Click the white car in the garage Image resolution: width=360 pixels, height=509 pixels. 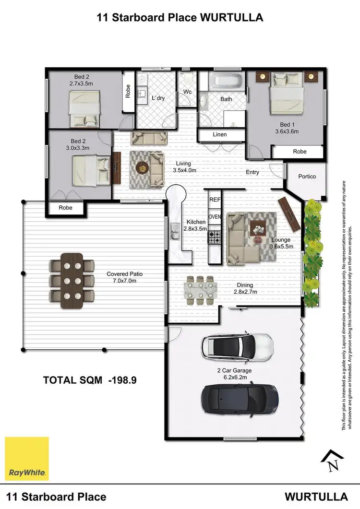click(x=238, y=346)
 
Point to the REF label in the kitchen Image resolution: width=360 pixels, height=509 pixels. click(x=215, y=199)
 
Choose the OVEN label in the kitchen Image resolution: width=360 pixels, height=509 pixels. click(x=215, y=217)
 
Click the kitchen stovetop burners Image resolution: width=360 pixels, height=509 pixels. click(x=214, y=236)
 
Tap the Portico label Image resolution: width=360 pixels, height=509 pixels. click(x=307, y=177)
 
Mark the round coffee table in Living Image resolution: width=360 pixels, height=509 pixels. click(x=142, y=167)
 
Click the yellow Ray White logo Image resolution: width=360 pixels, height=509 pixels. click(x=27, y=458)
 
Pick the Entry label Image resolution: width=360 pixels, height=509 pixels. click(x=252, y=172)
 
